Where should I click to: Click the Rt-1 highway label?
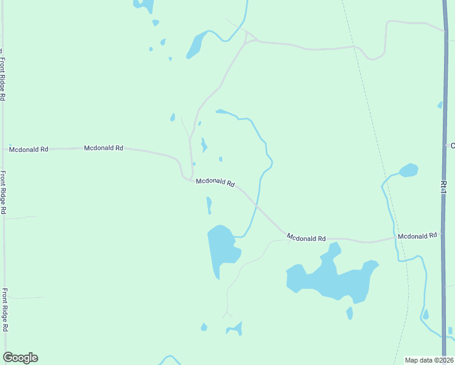[444, 185]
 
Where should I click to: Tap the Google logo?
[20, 358]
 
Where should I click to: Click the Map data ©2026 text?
[429, 360]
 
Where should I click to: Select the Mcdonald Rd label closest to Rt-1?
[417, 235]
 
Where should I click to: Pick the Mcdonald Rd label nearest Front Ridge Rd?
[28, 148]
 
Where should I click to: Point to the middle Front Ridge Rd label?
[3, 192]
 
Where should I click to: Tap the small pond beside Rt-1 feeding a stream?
[408, 170]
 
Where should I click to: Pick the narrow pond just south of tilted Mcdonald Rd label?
[209, 205]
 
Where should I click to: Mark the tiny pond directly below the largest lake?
[350, 313]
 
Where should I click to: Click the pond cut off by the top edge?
[145, 5]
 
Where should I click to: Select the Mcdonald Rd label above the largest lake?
[306, 238]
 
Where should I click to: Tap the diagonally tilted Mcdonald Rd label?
[215, 182]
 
